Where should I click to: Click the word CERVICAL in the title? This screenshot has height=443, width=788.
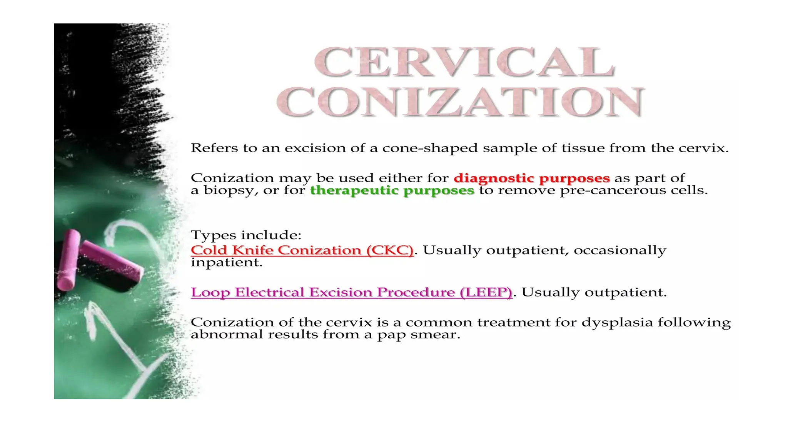464,62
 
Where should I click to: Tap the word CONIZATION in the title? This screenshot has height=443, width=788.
460,102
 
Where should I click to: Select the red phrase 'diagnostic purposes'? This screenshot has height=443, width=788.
532,178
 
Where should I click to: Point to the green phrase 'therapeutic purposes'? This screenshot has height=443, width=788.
392,190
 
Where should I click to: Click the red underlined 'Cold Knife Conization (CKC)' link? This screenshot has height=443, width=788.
302,250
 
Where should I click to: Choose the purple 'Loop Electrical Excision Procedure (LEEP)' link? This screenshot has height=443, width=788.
351,292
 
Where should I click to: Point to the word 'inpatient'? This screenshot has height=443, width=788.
226,263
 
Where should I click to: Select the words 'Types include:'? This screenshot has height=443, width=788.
246,235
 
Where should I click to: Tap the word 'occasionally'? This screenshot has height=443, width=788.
620,250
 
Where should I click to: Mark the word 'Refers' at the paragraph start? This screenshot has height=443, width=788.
214,148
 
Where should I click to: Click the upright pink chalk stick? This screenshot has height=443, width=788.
68,260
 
